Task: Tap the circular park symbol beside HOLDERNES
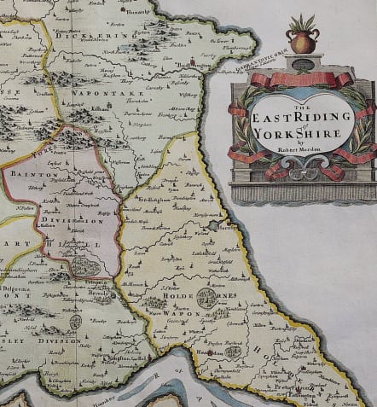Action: pyautogui.click(x=206, y=298)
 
